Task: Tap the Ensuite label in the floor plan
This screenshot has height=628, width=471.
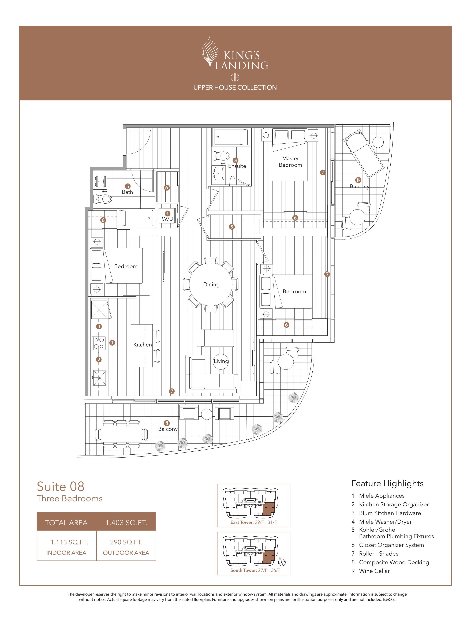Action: click(x=237, y=166)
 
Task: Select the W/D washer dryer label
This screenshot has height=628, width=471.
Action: click(x=167, y=219)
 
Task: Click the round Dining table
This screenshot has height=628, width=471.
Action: click(x=211, y=284)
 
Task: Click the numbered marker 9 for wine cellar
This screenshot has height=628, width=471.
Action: click(x=232, y=227)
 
